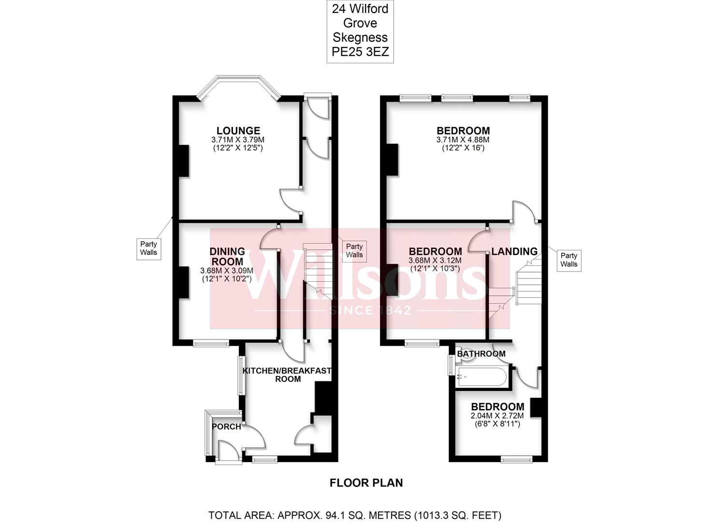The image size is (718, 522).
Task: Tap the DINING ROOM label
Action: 227,257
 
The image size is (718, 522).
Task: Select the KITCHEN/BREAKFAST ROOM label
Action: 287,375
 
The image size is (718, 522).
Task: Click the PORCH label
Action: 226,427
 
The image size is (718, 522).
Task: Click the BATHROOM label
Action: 481,354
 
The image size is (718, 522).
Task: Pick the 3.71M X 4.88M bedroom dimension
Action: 463,140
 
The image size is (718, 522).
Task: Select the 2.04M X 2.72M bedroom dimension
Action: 498,416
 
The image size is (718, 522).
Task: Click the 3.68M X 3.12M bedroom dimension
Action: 435,261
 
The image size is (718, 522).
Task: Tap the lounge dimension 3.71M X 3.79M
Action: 238,140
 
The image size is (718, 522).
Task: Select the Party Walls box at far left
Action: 148,248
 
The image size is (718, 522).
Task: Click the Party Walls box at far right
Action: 569,260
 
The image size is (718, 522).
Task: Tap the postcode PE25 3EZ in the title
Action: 360,52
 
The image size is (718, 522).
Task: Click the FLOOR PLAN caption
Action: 366,483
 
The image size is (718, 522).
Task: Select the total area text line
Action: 355,515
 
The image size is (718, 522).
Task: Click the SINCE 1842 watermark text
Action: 370,310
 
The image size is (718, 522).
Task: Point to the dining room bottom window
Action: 211,344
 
